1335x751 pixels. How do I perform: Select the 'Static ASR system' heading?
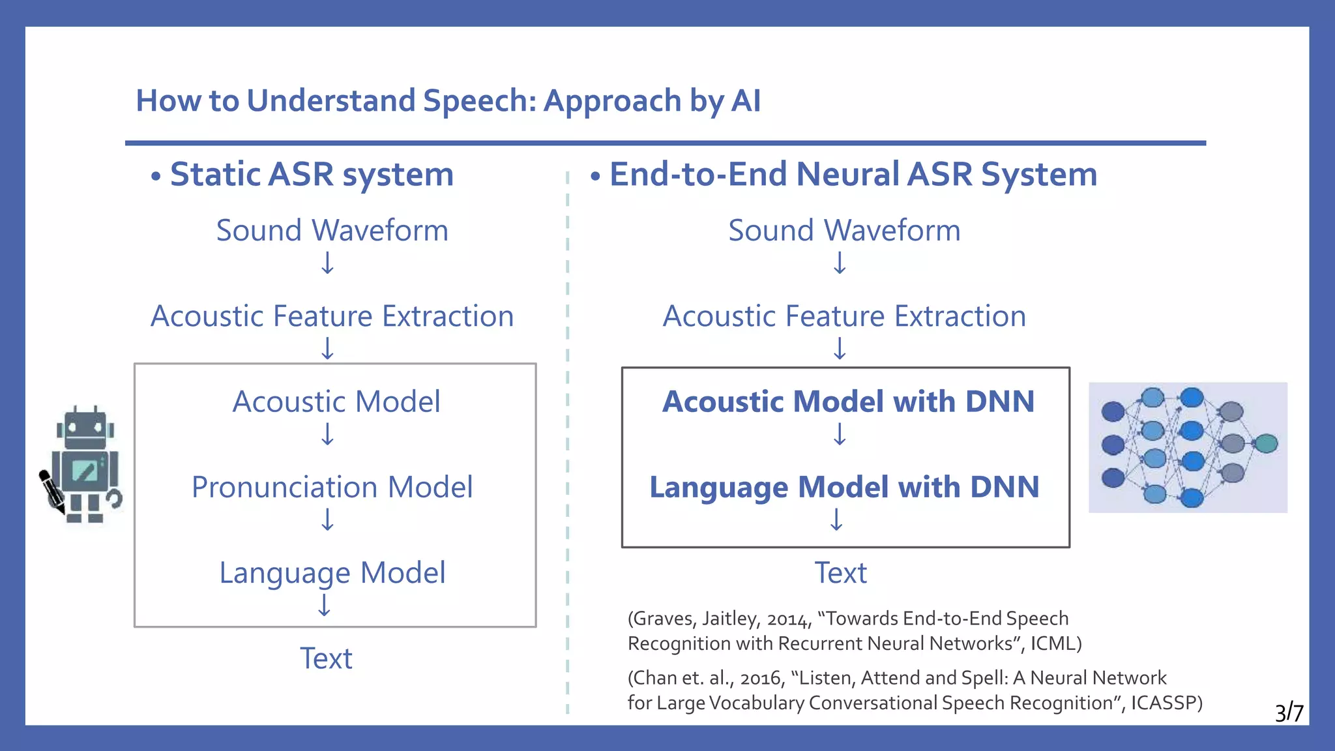tap(312, 175)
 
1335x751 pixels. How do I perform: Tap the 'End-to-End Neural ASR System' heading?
tap(853, 175)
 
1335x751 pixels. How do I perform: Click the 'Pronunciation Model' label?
tap(332, 487)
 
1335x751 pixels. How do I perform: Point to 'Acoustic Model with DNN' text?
tap(848, 402)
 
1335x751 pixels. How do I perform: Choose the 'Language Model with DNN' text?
tap(844, 488)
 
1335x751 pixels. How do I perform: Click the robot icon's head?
tap(85, 427)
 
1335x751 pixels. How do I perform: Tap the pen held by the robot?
tap(51, 490)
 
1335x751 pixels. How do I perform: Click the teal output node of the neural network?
tap(1266, 444)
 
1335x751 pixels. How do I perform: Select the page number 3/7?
tap(1289, 713)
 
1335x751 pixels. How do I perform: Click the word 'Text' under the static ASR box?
tap(326, 658)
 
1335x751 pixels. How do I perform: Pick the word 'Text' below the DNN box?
tap(841, 573)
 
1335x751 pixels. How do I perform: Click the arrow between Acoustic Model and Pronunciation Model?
tap(328, 434)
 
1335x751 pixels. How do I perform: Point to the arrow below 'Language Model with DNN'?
tap(837, 520)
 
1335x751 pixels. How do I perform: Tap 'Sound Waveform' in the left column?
tap(332, 231)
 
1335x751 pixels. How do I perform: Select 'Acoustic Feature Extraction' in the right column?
tap(844, 317)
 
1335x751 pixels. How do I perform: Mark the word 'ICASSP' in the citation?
tap(1164, 703)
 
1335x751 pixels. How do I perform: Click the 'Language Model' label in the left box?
tap(332, 573)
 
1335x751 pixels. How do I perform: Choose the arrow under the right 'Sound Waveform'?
tap(840, 263)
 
